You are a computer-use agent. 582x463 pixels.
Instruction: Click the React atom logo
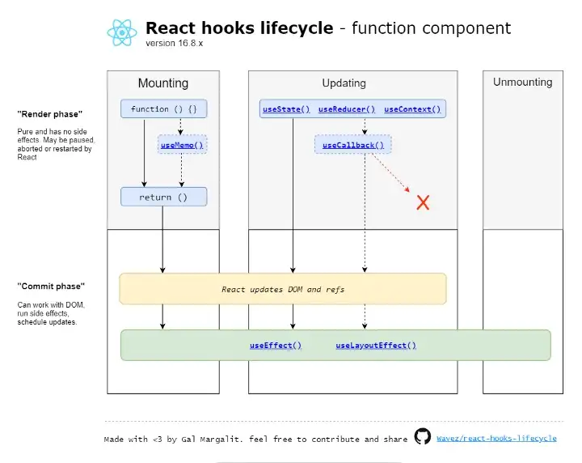[x=122, y=32]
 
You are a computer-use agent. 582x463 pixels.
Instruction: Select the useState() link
[x=286, y=109]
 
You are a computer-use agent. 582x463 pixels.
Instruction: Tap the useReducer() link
[x=347, y=109]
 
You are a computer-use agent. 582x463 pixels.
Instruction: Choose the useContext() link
[x=412, y=109]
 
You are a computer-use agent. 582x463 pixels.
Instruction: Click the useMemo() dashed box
[x=182, y=145]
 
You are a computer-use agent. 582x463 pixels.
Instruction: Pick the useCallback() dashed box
[x=353, y=145]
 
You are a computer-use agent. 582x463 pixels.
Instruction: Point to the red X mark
[x=423, y=203]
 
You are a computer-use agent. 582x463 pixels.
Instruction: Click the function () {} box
[x=163, y=109]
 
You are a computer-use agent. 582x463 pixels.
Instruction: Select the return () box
[x=163, y=197]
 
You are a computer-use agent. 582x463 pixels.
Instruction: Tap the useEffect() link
[x=276, y=346]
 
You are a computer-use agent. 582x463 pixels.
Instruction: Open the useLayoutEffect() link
[x=376, y=346]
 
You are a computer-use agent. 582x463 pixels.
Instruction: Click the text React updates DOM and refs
[x=283, y=290]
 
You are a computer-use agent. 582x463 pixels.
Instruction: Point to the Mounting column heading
[x=163, y=83]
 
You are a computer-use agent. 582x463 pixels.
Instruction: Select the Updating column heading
[x=344, y=83]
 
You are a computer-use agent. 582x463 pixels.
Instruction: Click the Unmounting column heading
[x=523, y=82]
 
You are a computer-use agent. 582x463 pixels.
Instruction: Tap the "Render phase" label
[x=50, y=114]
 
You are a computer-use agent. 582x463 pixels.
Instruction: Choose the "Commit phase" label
[x=51, y=286]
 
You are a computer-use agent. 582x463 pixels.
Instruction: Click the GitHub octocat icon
[x=423, y=436]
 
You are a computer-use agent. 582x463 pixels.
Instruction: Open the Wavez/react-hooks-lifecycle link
[x=496, y=439]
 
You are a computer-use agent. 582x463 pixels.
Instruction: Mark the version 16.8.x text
[x=175, y=43]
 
